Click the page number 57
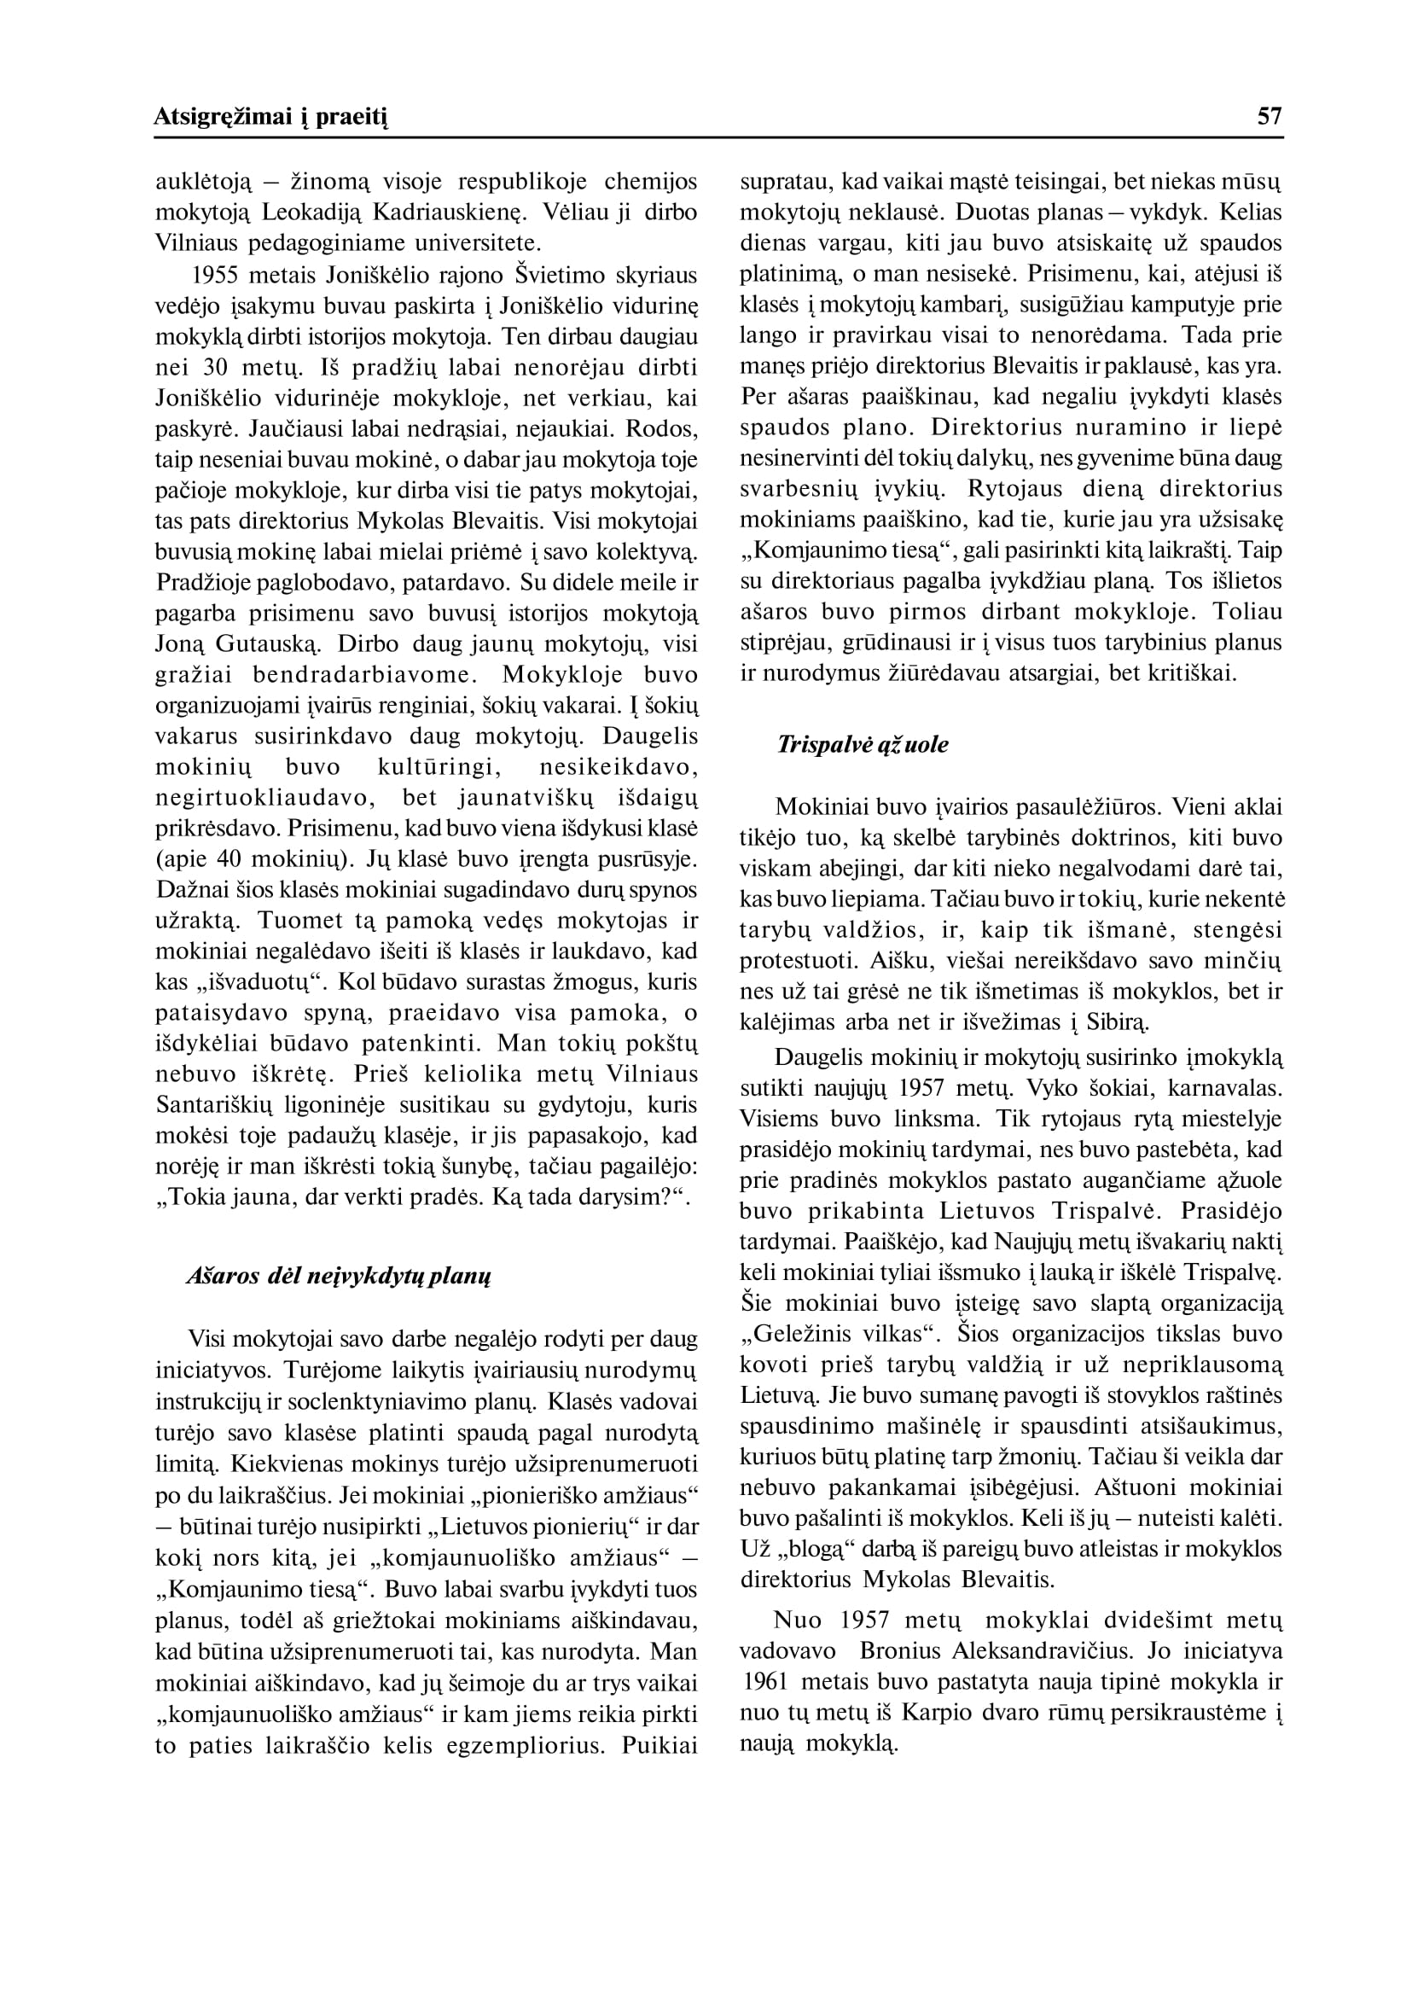coord(1270,117)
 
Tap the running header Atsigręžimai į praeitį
coord(270,117)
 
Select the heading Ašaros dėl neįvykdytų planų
coord(339,1277)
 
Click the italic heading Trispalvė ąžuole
coord(863,744)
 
